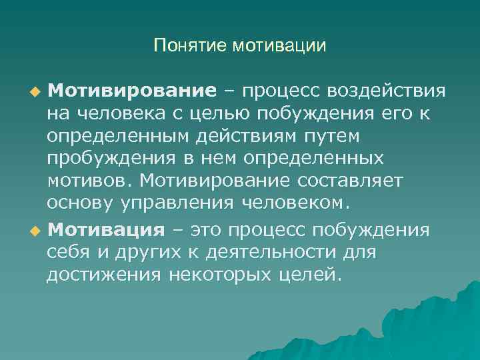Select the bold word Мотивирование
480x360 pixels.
[x=131, y=90]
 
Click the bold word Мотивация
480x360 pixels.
[x=106, y=231]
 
